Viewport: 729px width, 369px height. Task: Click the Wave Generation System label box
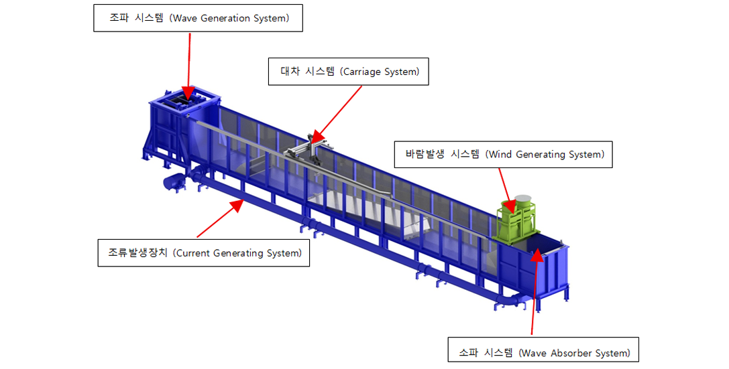coord(198,18)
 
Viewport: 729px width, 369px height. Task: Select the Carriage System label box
coord(349,72)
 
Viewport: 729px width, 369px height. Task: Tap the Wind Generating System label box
coord(503,154)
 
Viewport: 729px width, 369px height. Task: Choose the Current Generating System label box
coord(204,253)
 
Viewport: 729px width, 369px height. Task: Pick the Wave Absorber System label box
coord(543,350)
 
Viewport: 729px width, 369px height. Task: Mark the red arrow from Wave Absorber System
coord(535,291)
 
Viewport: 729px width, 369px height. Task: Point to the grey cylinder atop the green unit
coord(523,200)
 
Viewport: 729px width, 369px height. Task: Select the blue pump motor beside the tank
coord(175,181)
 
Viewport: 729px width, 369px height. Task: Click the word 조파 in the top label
coord(119,18)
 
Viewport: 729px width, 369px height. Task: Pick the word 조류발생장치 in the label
coord(137,253)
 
